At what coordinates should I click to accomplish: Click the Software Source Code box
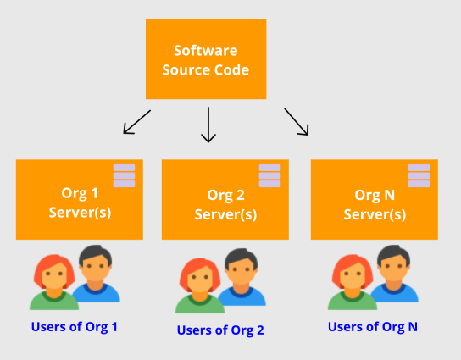(206, 58)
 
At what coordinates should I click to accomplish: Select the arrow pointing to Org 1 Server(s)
(137, 122)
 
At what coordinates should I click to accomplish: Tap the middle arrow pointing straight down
(208, 125)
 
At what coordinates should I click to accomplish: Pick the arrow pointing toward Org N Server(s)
(297, 122)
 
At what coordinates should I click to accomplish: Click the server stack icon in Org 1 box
(124, 175)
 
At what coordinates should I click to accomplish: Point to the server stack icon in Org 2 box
(269, 175)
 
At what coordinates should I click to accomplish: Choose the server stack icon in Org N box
(419, 175)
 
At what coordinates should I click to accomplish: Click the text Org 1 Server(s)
(80, 202)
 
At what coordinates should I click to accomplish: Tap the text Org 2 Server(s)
(225, 205)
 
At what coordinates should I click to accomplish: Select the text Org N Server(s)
(375, 205)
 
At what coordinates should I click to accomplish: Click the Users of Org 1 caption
(74, 327)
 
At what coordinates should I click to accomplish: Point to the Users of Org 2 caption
(220, 330)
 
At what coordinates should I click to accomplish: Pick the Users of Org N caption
(373, 327)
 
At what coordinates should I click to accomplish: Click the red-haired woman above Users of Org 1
(54, 282)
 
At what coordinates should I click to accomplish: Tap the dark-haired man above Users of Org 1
(96, 274)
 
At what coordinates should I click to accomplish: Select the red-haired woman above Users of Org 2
(200, 285)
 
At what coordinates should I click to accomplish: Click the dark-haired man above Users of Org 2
(242, 277)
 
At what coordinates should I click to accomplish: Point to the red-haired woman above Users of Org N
(353, 282)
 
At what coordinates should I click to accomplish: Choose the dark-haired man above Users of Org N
(394, 274)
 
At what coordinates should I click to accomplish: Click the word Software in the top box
(206, 51)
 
